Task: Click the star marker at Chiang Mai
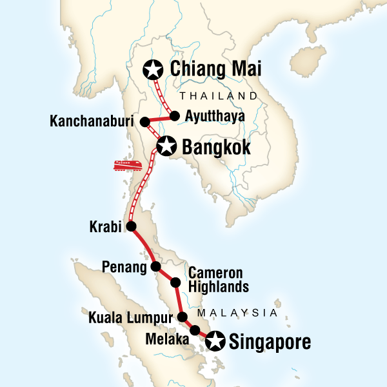154,68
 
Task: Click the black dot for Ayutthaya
174,117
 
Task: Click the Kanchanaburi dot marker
146,121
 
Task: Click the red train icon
128,165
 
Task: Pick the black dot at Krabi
131,226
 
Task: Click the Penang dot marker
155,266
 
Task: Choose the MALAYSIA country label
237,312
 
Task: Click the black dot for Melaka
195,330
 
